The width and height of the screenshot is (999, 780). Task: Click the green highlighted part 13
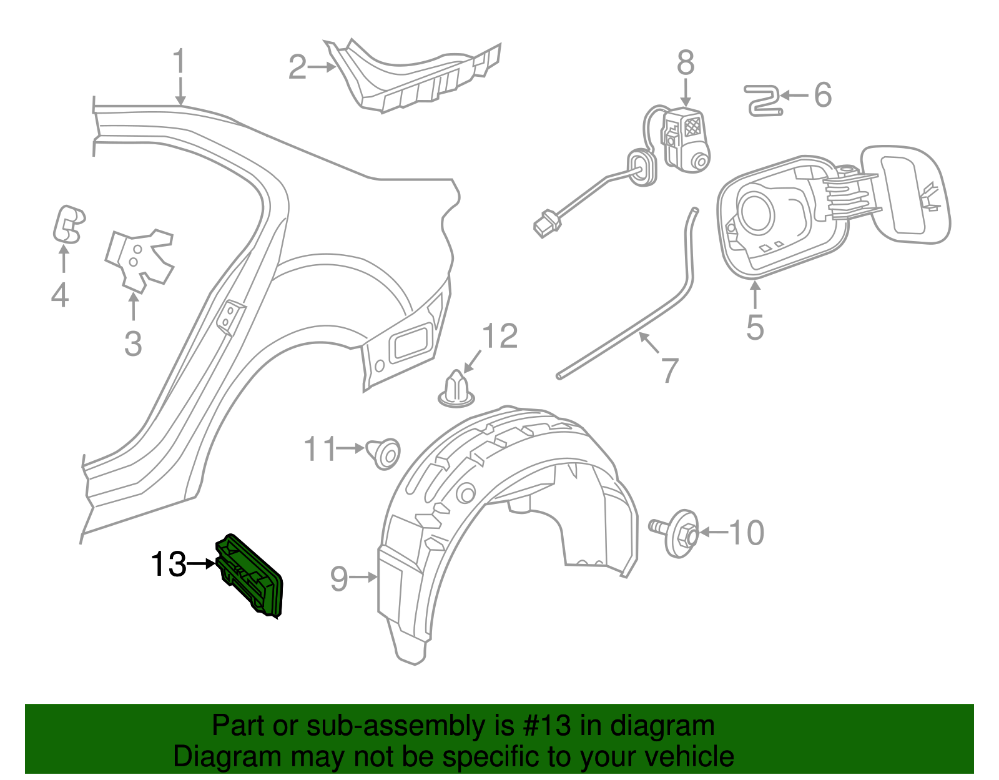point(249,575)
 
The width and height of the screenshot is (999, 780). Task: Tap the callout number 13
point(169,564)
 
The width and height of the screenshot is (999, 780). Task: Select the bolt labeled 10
point(674,533)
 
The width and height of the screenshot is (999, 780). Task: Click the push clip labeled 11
point(384,453)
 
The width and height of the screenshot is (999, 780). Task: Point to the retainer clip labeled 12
point(456,389)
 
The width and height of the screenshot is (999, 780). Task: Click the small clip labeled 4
point(67,224)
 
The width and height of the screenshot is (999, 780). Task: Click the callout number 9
point(339,579)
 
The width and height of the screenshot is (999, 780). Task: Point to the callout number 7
point(670,370)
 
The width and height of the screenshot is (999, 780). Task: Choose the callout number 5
point(755,327)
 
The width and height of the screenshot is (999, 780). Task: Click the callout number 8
point(686,62)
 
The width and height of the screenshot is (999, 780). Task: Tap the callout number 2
point(297,67)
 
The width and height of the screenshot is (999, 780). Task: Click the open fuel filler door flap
point(904,194)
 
